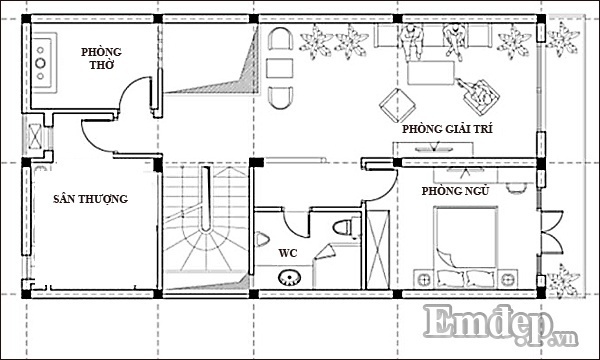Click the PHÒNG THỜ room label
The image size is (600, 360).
coord(101,58)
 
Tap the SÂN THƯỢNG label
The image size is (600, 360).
coord(90,199)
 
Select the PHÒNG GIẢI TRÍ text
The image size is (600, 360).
coord(447,129)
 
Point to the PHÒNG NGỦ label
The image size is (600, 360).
coord(455,191)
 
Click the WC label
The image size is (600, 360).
coord(288,253)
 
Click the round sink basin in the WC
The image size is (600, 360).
coord(289,277)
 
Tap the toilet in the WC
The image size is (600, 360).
coord(346,228)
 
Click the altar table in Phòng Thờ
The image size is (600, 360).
coord(44,63)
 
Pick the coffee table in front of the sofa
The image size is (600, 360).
coord(431,73)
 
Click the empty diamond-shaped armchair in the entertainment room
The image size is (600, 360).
coord(398,105)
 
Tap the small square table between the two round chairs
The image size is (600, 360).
coord(280,68)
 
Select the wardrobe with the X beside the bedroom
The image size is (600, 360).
coord(378,249)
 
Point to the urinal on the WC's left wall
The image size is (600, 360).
coord(262,239)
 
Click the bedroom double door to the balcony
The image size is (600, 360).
coord(550,232)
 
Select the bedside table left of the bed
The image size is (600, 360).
coord(424,279)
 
